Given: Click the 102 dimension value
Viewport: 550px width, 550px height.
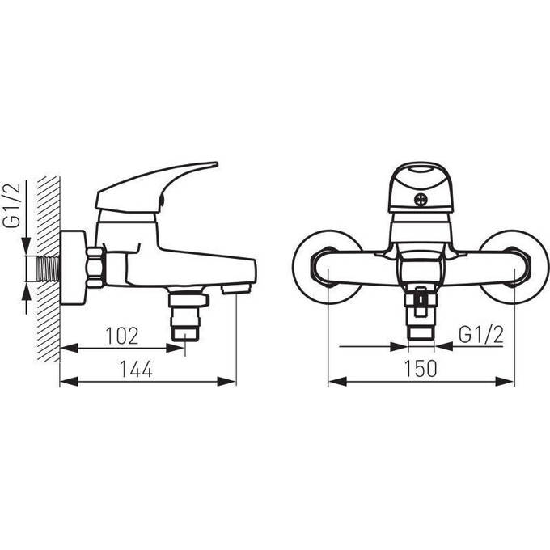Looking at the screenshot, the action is (122, 336).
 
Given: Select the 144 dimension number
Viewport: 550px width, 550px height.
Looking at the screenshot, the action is (136, 369).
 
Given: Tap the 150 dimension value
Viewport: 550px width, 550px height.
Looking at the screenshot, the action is (421, 369).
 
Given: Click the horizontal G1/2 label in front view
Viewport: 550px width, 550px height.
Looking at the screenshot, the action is (481, 335).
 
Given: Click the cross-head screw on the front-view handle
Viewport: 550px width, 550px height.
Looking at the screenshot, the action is (420, 200).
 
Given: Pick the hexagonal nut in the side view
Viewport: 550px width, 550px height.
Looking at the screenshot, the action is (95, 268).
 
